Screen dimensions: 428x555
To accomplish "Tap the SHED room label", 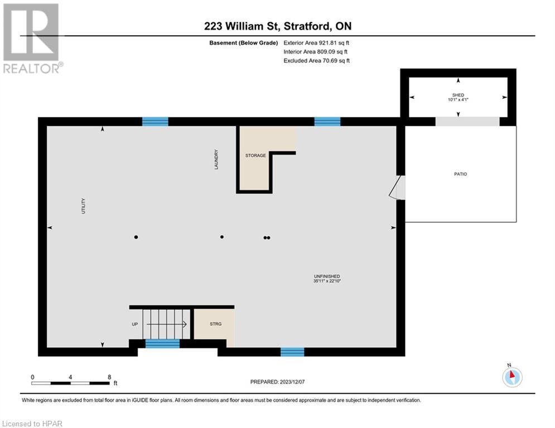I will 458,95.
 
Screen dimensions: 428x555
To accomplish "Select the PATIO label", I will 460,174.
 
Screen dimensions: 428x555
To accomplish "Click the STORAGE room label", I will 255,155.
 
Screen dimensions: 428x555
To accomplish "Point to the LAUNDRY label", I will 216,159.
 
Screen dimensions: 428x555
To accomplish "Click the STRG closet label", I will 215,323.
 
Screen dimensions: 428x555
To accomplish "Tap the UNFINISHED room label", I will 327,276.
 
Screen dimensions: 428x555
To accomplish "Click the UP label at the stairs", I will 135,323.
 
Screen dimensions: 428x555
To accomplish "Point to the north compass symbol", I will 511,376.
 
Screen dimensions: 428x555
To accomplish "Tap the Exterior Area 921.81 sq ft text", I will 317,42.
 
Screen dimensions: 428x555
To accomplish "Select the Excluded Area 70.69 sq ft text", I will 317,60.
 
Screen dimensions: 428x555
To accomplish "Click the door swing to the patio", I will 398,188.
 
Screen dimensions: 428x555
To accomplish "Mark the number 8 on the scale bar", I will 109,377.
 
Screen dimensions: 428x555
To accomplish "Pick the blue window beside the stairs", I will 162,343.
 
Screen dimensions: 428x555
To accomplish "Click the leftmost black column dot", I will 136,237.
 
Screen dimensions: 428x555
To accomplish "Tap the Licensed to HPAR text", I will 32,424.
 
